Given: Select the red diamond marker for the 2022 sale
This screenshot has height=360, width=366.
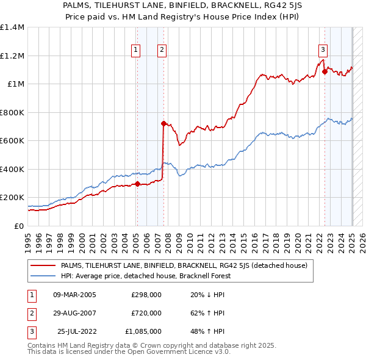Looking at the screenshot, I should [325, 72].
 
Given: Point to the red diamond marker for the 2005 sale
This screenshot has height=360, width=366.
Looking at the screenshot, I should [137, 184].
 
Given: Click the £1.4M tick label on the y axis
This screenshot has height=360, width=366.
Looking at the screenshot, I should [12, 27].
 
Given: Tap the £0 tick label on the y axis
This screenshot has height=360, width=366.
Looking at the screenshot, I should [20, 226].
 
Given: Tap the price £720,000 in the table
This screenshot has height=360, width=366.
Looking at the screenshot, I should [146, 313].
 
